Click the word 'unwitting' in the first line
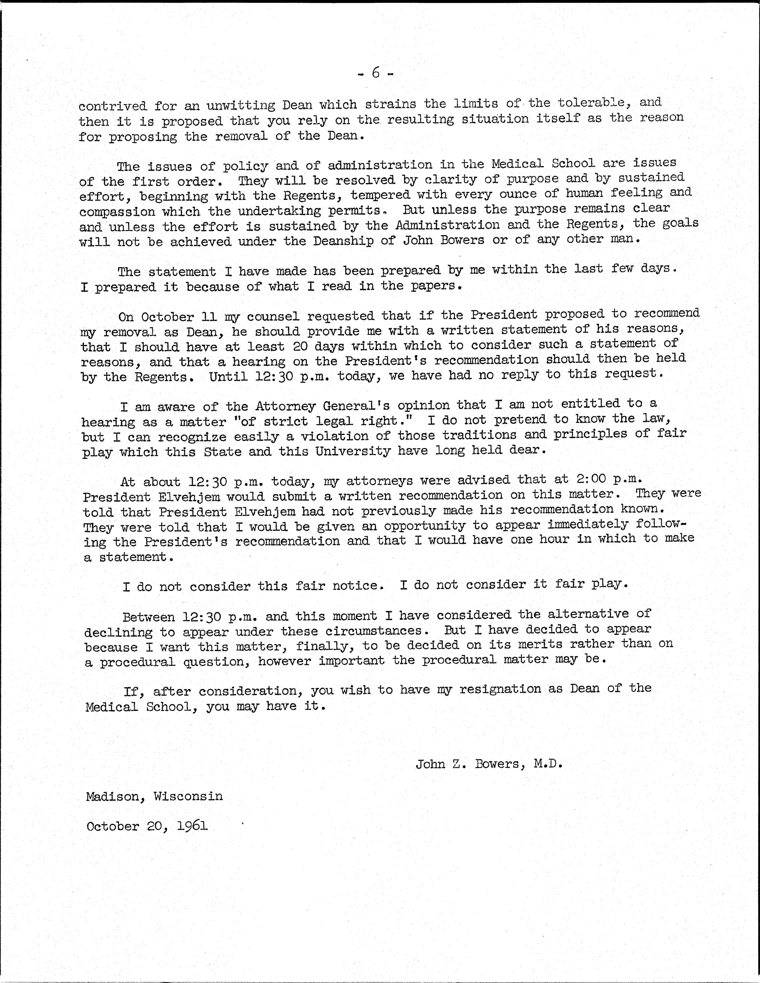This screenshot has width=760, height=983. click(x=241, y=105)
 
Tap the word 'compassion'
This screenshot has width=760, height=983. click(x=117, y=211)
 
